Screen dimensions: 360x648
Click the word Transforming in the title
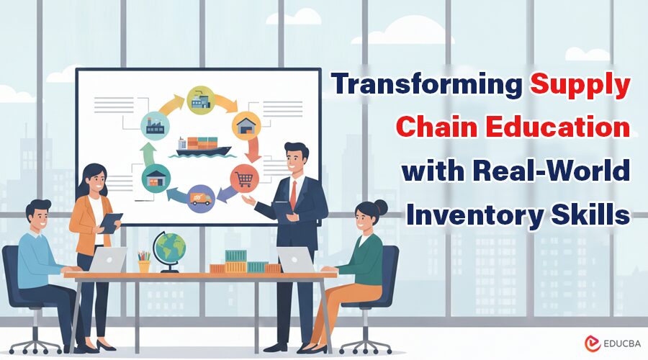tap(427, 85)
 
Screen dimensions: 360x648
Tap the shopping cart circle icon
tap(243, 177)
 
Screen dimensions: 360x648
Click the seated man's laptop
tap(108, 260)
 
